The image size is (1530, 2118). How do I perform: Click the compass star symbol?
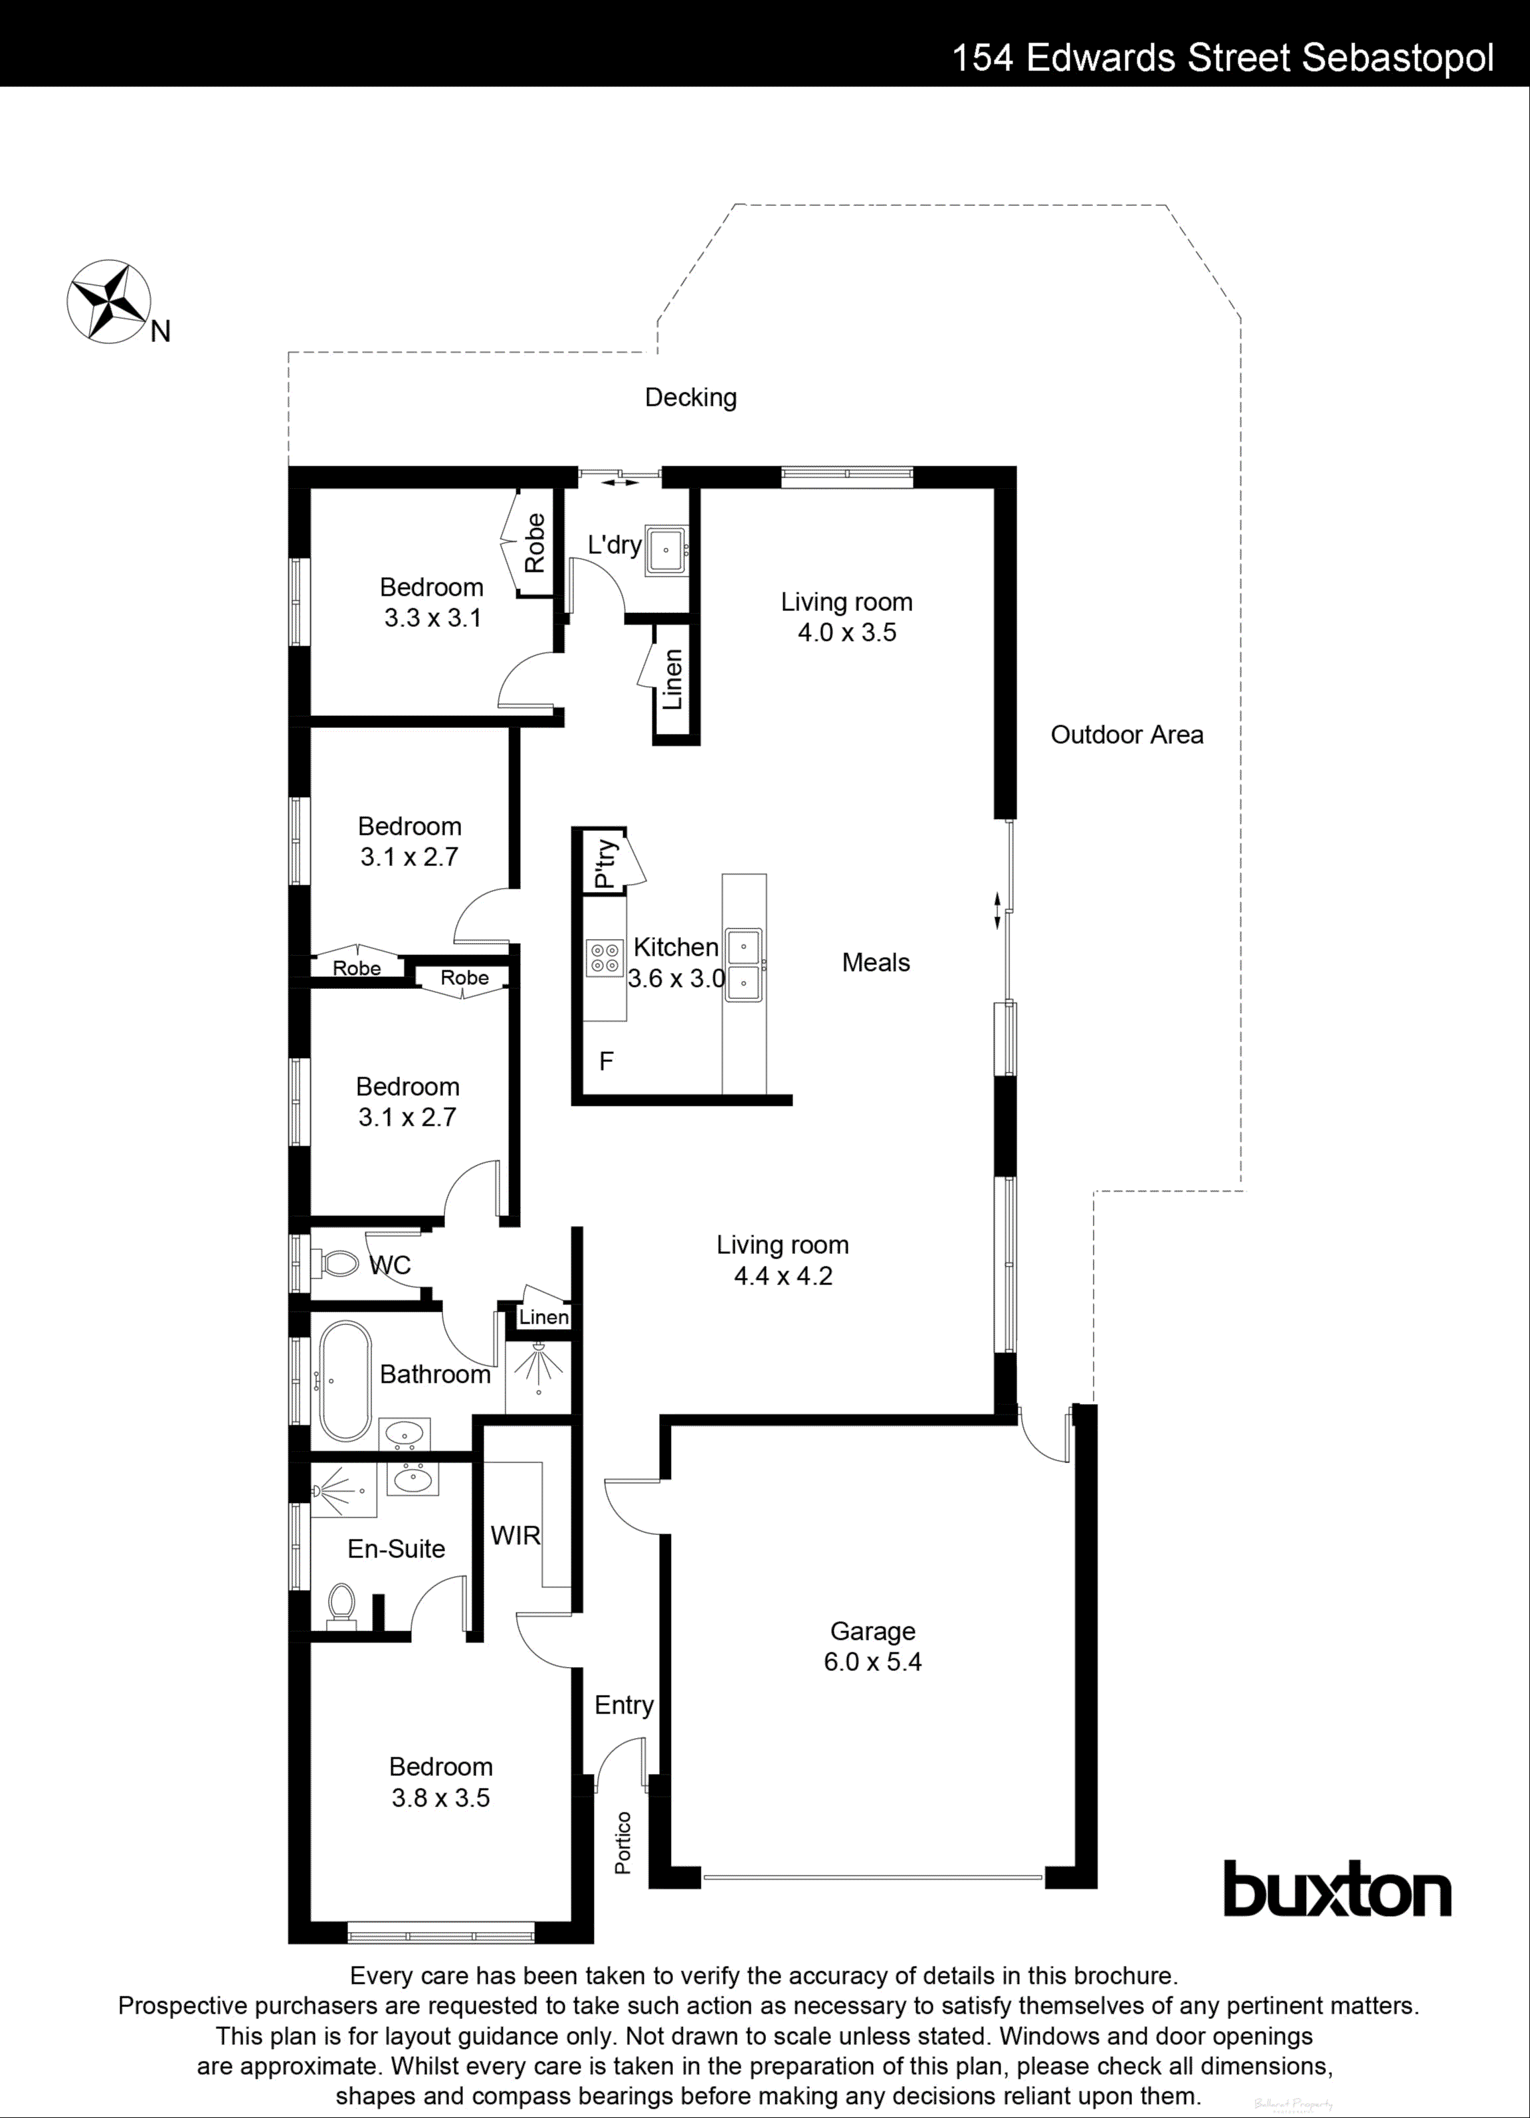(x=109, y=301)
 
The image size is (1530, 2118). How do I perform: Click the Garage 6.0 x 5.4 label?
(x=872, y=1646)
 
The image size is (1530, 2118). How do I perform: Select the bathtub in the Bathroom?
(x=345, y=1381)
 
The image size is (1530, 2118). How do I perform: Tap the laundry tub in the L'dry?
(x=666, y=550)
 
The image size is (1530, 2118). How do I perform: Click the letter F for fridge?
(x=606, y=1061)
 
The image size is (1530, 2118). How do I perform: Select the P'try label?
(x=605, y=863)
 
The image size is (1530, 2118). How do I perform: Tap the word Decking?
(x=690, y=398)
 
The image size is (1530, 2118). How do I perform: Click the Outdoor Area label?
(x=1127, y=735)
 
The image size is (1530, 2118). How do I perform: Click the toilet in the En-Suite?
(x=342, y=1605)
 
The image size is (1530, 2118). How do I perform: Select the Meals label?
(x=875, y=963)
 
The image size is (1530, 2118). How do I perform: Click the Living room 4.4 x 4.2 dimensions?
(x=783, y=1276)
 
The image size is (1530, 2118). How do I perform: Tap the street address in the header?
(x=1222, y=58)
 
